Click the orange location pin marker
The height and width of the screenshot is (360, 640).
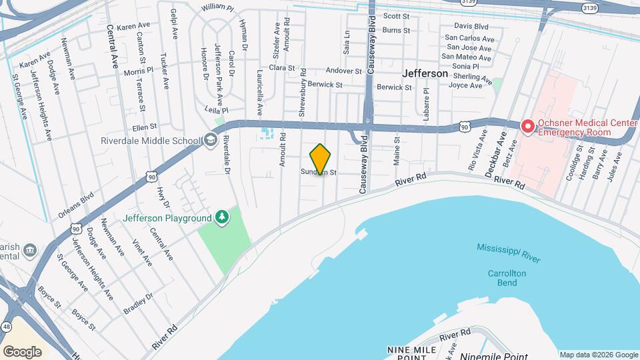[321, 159]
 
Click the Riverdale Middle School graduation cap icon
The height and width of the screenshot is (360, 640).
[211, 140]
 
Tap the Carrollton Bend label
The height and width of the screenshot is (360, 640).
[507, 278]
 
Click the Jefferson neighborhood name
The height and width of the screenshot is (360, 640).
[425, 74]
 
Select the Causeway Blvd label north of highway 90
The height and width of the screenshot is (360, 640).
[372, 40]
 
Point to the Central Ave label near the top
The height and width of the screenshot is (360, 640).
[112, 48]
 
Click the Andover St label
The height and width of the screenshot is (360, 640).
[343, 71]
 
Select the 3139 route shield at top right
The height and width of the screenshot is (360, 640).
[589, 8]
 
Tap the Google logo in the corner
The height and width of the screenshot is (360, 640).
[22, 351]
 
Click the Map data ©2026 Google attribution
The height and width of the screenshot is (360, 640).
[598, 355]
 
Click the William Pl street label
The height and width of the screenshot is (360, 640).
[217, 7]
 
